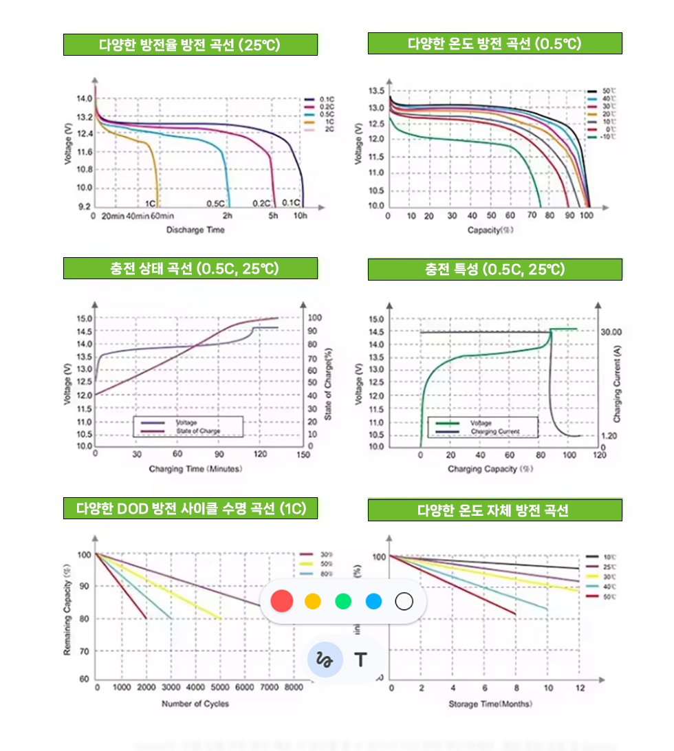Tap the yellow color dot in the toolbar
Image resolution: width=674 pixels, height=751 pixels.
313,602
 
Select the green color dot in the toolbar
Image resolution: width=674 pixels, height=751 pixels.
343,602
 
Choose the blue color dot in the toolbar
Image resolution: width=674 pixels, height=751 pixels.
373,602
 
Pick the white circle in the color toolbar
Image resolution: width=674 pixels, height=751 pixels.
404,602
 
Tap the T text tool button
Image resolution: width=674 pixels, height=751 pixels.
360,660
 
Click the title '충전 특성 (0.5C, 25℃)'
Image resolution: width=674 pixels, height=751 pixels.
494,270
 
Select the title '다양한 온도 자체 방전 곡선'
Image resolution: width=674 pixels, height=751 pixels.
494,510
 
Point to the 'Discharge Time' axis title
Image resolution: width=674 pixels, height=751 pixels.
195,230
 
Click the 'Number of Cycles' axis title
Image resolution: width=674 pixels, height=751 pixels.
195,704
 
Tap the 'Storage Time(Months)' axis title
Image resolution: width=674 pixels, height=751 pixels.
490,704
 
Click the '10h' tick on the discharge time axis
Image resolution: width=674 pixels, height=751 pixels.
300,216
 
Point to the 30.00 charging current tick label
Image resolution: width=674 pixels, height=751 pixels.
611,331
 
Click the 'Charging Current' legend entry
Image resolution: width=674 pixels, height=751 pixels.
494,432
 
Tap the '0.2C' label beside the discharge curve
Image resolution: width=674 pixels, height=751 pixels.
261,203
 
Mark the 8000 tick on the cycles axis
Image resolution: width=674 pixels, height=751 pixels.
294,687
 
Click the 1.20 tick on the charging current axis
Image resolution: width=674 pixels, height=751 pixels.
609,436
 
